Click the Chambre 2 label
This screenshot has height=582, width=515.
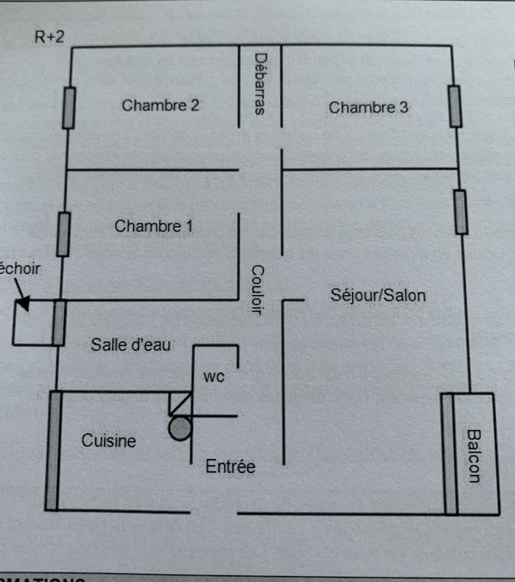click(160, 105)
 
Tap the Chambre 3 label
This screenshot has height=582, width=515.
click(369, 108)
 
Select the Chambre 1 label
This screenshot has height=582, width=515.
click(153, 226)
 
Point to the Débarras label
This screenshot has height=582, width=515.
click(260, 84)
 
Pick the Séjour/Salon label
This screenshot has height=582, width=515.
click(378, 295)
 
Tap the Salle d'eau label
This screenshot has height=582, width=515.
click(131, 344)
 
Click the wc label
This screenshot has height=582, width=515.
click(213, 377)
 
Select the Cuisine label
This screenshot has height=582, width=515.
click(108, 440)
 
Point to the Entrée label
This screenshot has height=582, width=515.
click(230, 466)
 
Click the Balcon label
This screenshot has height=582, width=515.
click(474, 456)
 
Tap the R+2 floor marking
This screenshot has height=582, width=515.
click(49, 37)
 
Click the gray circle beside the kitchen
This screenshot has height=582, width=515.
click(179, 428)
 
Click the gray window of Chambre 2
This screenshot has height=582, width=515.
click(70, 108)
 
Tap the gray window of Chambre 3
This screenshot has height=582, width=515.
click(455, 106)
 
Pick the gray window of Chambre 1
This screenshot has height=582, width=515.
click(64, 234)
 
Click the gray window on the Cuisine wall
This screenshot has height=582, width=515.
click(53, 451)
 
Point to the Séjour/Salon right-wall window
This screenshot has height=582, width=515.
click(461, 212)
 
